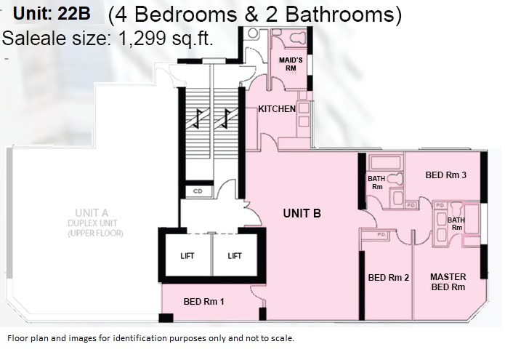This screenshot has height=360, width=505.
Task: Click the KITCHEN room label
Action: pyautogui.click(x=277, y=109)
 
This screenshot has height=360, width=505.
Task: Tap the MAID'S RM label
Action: pyautogui.click(x=291, y=64)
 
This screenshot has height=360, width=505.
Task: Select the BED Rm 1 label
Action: pyautogui.click(x=203, y=302)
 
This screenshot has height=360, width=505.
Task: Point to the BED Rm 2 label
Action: pyautogui.click(x=389, y=278)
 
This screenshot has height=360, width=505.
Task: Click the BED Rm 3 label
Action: pyautogui.click(x=445, y=175)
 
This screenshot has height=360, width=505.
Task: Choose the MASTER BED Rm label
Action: pyautogui.click(x=448, y=281)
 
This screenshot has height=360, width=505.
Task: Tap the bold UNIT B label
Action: pyautogui.click(x=302, y=213)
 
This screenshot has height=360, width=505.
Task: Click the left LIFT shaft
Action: pyautogui.click(x=188, y=255)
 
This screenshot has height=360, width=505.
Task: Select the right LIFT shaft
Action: pyautogui.click(x=235, y=255)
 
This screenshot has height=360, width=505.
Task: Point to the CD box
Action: pyautogui.click(x=198, y=191)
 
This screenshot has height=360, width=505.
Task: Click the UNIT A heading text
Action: pyautogui.click(x=92, y=213)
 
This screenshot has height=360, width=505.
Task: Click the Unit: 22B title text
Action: pyautogui.click(x=52, y=14)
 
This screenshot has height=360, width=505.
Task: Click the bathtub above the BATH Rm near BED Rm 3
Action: pyautogui.click(x=386, y=162)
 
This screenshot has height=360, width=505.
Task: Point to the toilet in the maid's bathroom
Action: pyautogui.click(x=297, y=37)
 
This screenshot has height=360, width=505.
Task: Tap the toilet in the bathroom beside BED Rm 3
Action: pyautogui.click(x=395, y=179)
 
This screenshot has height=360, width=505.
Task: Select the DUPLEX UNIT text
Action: pyautogui.click(x=92, y=223)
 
